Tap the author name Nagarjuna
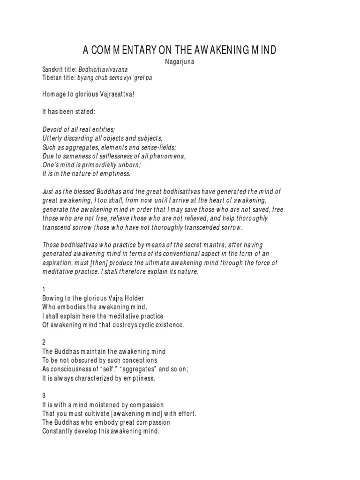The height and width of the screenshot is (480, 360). coord(180,61)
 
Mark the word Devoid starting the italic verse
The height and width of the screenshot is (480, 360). coord(53,129)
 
